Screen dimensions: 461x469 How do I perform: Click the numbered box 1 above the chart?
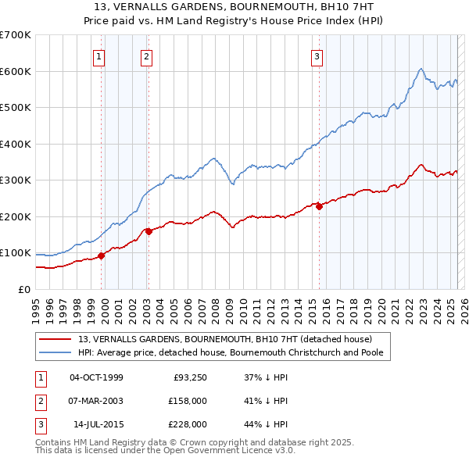[x=100, y=56]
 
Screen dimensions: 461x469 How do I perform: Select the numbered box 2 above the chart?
[x=147, y=56]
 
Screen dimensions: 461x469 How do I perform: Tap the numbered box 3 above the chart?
[x=317, y=56]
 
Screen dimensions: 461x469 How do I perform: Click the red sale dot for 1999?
[x=101, y=256]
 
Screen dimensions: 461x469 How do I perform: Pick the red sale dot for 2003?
[x=149, y=231]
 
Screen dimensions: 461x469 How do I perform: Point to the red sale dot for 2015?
[x=319, y=207]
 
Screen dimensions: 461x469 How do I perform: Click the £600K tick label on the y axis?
[x=16, y=71]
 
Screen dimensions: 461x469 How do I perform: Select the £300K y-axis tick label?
[x=16, y=180]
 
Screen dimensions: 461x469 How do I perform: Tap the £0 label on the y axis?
[x=23, y=290]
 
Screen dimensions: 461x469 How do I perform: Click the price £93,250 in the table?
[x=189, y=377]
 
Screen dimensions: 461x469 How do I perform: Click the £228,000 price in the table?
[x=187, y=424]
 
